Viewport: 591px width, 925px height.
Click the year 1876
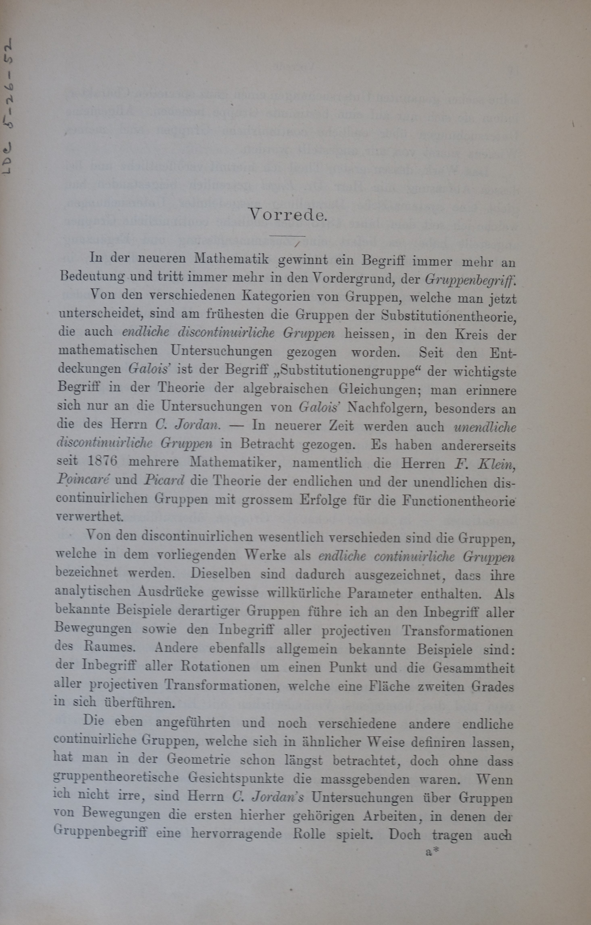(x=103, y=461)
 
